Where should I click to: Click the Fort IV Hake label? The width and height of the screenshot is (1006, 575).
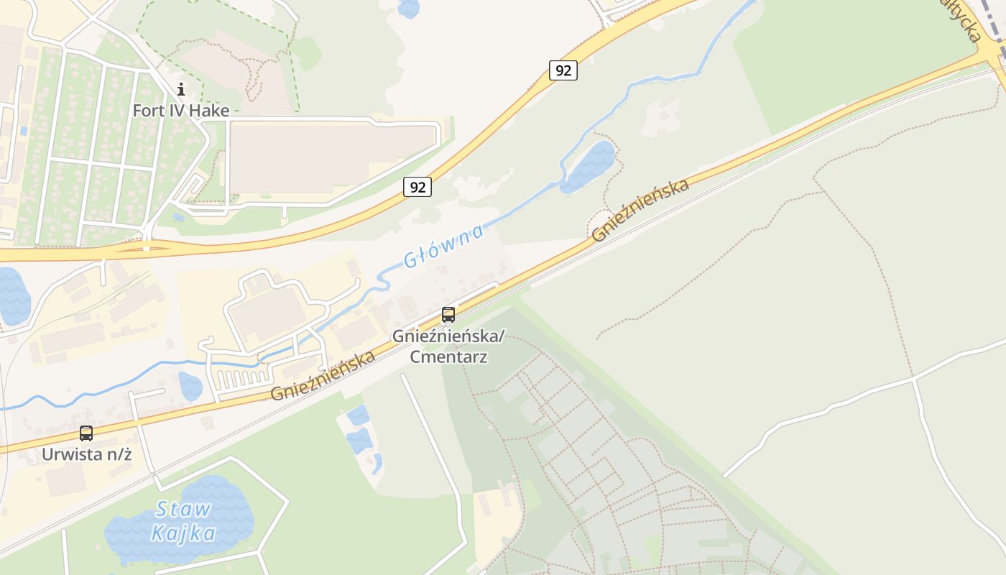181,111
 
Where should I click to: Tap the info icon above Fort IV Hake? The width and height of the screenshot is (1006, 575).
181,89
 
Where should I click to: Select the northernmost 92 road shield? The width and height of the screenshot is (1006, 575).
563,70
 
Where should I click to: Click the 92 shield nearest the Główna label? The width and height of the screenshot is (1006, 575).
417,187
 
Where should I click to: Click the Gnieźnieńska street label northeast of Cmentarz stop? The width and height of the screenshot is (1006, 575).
640,209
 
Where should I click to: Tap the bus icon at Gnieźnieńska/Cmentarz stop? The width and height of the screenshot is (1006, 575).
448,314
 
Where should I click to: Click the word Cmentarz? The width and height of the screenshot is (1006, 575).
448,356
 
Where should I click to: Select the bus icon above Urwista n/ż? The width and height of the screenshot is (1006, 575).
86,433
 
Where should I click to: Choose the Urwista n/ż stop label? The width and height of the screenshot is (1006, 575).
86,454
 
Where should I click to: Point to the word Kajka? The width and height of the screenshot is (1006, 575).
184,533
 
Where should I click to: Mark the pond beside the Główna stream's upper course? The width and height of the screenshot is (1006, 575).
589,166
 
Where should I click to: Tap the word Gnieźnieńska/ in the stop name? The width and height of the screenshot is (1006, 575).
448,336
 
